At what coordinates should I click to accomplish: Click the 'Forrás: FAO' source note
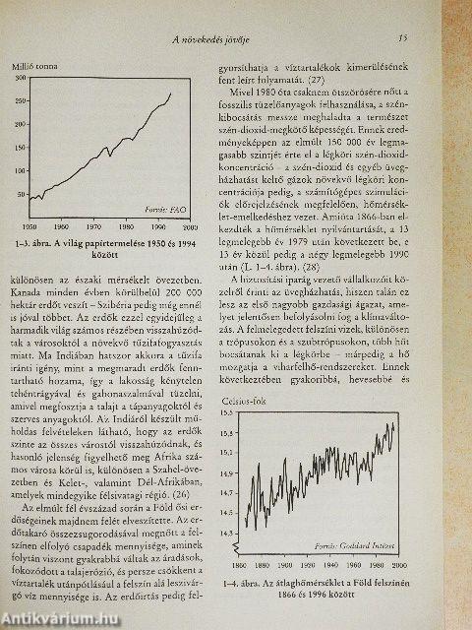tap(166, 210)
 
